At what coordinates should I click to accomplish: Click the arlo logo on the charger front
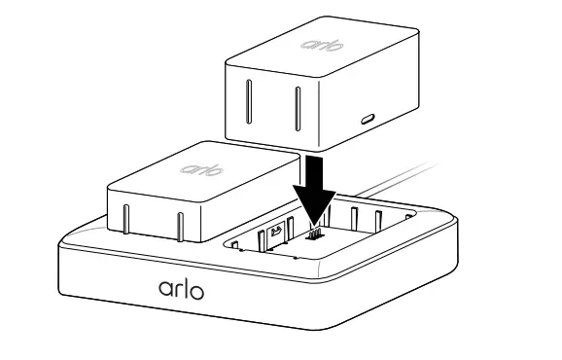tap(180, 289)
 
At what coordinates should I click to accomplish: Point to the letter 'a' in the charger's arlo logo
tap(163, 290)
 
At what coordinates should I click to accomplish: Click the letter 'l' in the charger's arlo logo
tap(185, 287)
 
